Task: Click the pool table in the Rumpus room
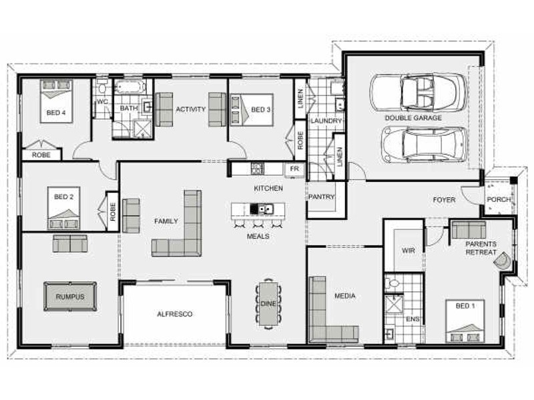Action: pos(70,296)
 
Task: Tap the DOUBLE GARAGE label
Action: pos(413,118)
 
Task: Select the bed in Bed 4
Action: pos(57,101)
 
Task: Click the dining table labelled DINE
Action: pos(268,304)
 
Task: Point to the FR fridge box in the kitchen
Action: pos(294,169)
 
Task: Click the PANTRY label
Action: pos(321,197)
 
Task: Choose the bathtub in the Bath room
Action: pos(129,87)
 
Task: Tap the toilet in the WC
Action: pos(101,87)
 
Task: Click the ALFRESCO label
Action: pos(175,314)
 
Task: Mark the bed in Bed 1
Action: pos(465,321)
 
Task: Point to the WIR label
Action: pos(409,251)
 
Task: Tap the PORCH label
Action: pos(499,199)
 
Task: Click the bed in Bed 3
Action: pos(252,110)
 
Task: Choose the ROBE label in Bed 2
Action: pos(113,211)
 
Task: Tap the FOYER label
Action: pos(444,199)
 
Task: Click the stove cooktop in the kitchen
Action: pos(258,169)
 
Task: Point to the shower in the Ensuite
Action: pos(394,305)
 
